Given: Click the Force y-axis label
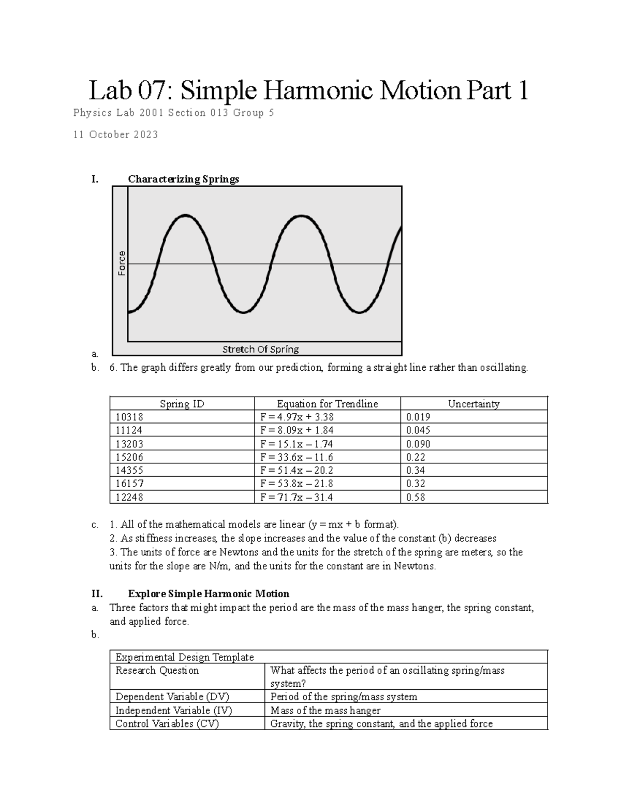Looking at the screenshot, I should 122,263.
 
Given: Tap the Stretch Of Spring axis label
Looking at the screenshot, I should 261,350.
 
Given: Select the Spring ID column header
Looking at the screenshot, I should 182,404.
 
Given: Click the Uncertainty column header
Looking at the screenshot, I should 474,404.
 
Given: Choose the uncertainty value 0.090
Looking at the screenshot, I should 418,444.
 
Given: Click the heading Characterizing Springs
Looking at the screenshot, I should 184,179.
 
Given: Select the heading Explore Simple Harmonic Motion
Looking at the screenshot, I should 209,594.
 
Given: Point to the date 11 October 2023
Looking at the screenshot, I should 116,135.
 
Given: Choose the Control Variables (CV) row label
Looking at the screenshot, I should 167,723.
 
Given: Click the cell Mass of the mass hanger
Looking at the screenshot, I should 326,710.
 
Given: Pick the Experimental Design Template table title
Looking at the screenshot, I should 185,657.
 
